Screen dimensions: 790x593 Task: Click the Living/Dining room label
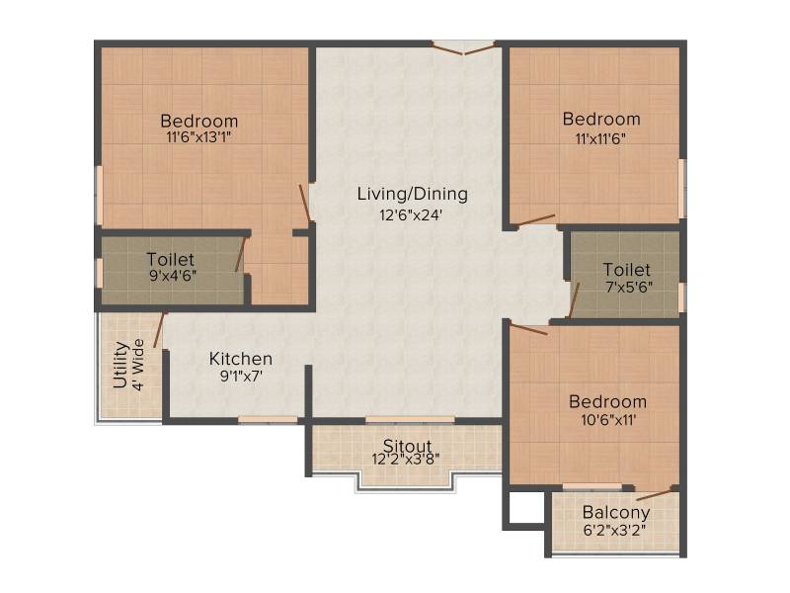pos(412,194)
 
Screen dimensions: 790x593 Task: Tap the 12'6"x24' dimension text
pos(411,215)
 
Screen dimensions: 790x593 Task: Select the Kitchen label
pos(241,359)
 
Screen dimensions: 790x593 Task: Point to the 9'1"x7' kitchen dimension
pos(241,377)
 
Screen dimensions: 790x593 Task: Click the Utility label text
pos(119,365)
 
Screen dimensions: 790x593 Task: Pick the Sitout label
pos(407,446)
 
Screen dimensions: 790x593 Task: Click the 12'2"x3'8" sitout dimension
pos(406,459)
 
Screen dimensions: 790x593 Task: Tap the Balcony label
pos(615,513)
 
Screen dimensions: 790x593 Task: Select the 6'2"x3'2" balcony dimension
pos(614,531)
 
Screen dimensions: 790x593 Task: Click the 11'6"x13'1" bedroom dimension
pos(198,137)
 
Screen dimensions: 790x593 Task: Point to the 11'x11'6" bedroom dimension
pos(601,138)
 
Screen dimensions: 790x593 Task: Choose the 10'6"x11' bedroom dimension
pos(608,419)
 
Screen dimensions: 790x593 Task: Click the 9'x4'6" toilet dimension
pos(173,276)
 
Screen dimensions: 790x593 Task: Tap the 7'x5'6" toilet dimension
pos(629,287)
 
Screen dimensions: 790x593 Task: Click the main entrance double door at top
pos(463,47)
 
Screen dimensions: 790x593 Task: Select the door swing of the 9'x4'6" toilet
pos(240,254)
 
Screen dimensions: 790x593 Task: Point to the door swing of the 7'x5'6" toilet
pos(574,300)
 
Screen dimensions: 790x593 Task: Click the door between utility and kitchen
pos(160,330)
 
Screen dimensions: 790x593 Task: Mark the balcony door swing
pos(654,494)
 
